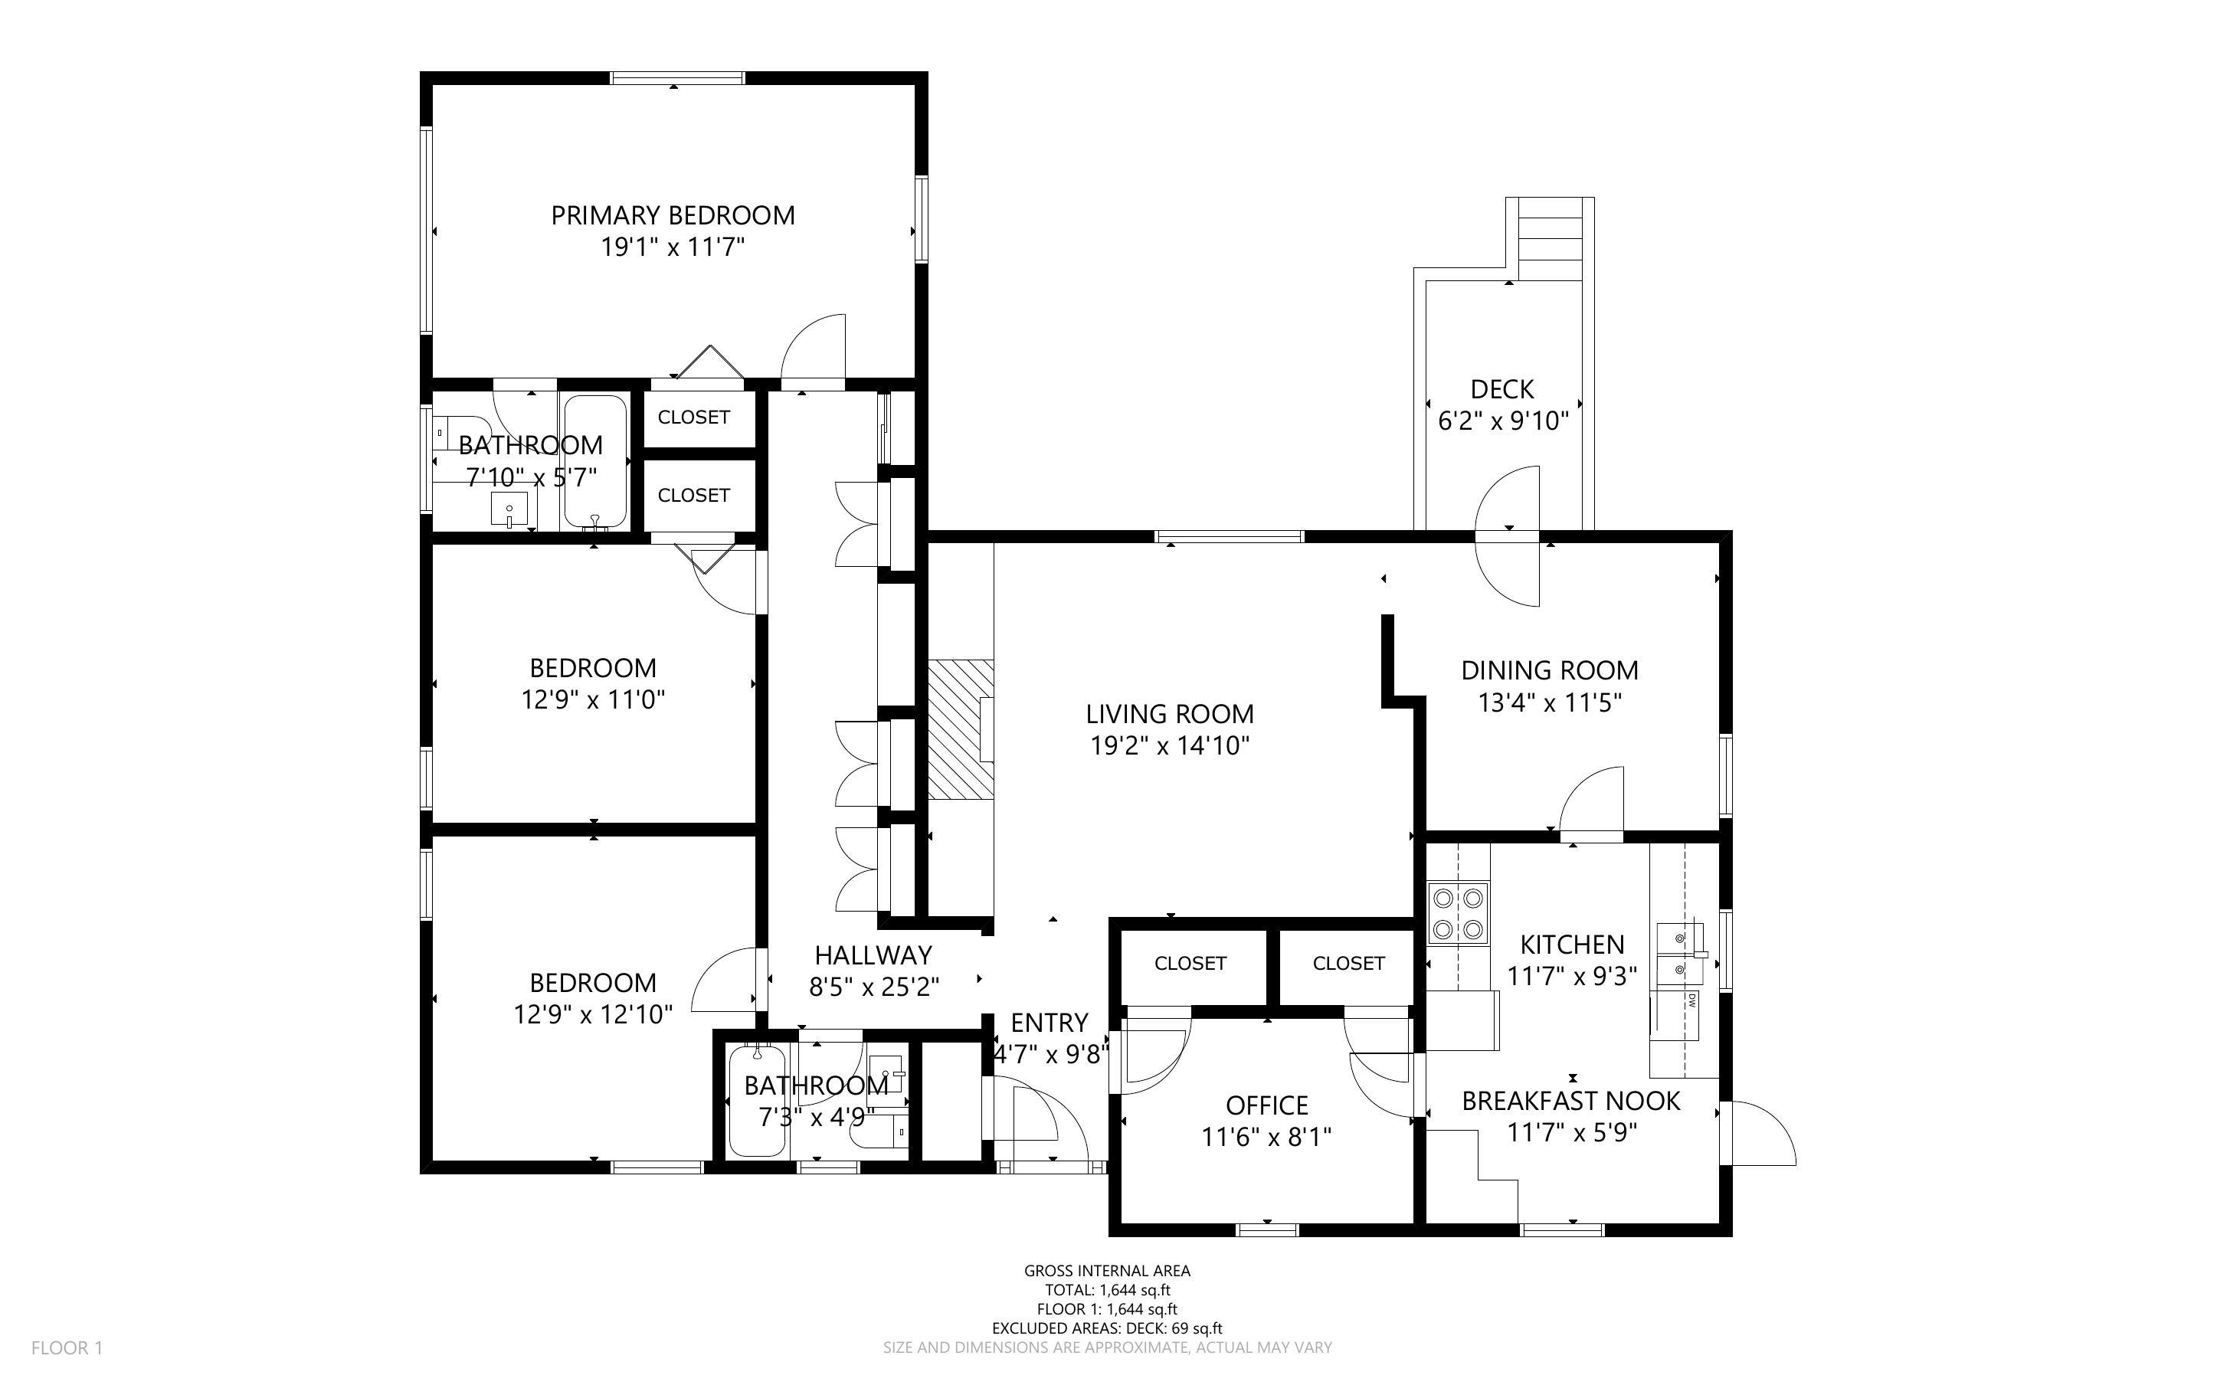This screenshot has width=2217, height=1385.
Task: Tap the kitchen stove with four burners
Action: pyautogui.click(x=1458, y=913)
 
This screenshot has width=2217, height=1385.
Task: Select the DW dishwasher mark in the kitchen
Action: pyautogui.click(x=1692, y=1001)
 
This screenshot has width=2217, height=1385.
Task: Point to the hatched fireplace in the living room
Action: pyautogui.click(x=961, y=729)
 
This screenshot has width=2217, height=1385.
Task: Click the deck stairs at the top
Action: pyautogui.click(x=1551, y=239)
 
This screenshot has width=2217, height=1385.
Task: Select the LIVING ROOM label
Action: pyautogui.click(x=1169, y=714)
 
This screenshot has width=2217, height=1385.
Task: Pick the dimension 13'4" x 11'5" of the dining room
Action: pyautogui.click(x=1550, y=702)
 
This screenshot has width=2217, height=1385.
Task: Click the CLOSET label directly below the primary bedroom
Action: pyautogui.click(x=693, y=417)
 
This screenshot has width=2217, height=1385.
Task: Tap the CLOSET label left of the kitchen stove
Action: pyautogui.click(x=1348, y=964)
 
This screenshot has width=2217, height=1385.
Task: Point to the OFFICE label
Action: pyautogui.click(x=1266, y=1105)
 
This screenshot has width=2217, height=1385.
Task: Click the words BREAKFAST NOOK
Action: pyautogui.click(x=1570, y=1101)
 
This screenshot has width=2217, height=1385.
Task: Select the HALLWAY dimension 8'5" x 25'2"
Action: pyautogui.click(x=873, y=987)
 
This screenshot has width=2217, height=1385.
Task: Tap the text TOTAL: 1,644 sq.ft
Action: pyautogui.click(x=1107, y=1290)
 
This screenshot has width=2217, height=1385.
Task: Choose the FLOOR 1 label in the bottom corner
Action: pyautogui.click(x=67, y=1347)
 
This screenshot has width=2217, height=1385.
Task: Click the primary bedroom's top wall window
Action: pyautogui.click(x=678, y=78)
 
